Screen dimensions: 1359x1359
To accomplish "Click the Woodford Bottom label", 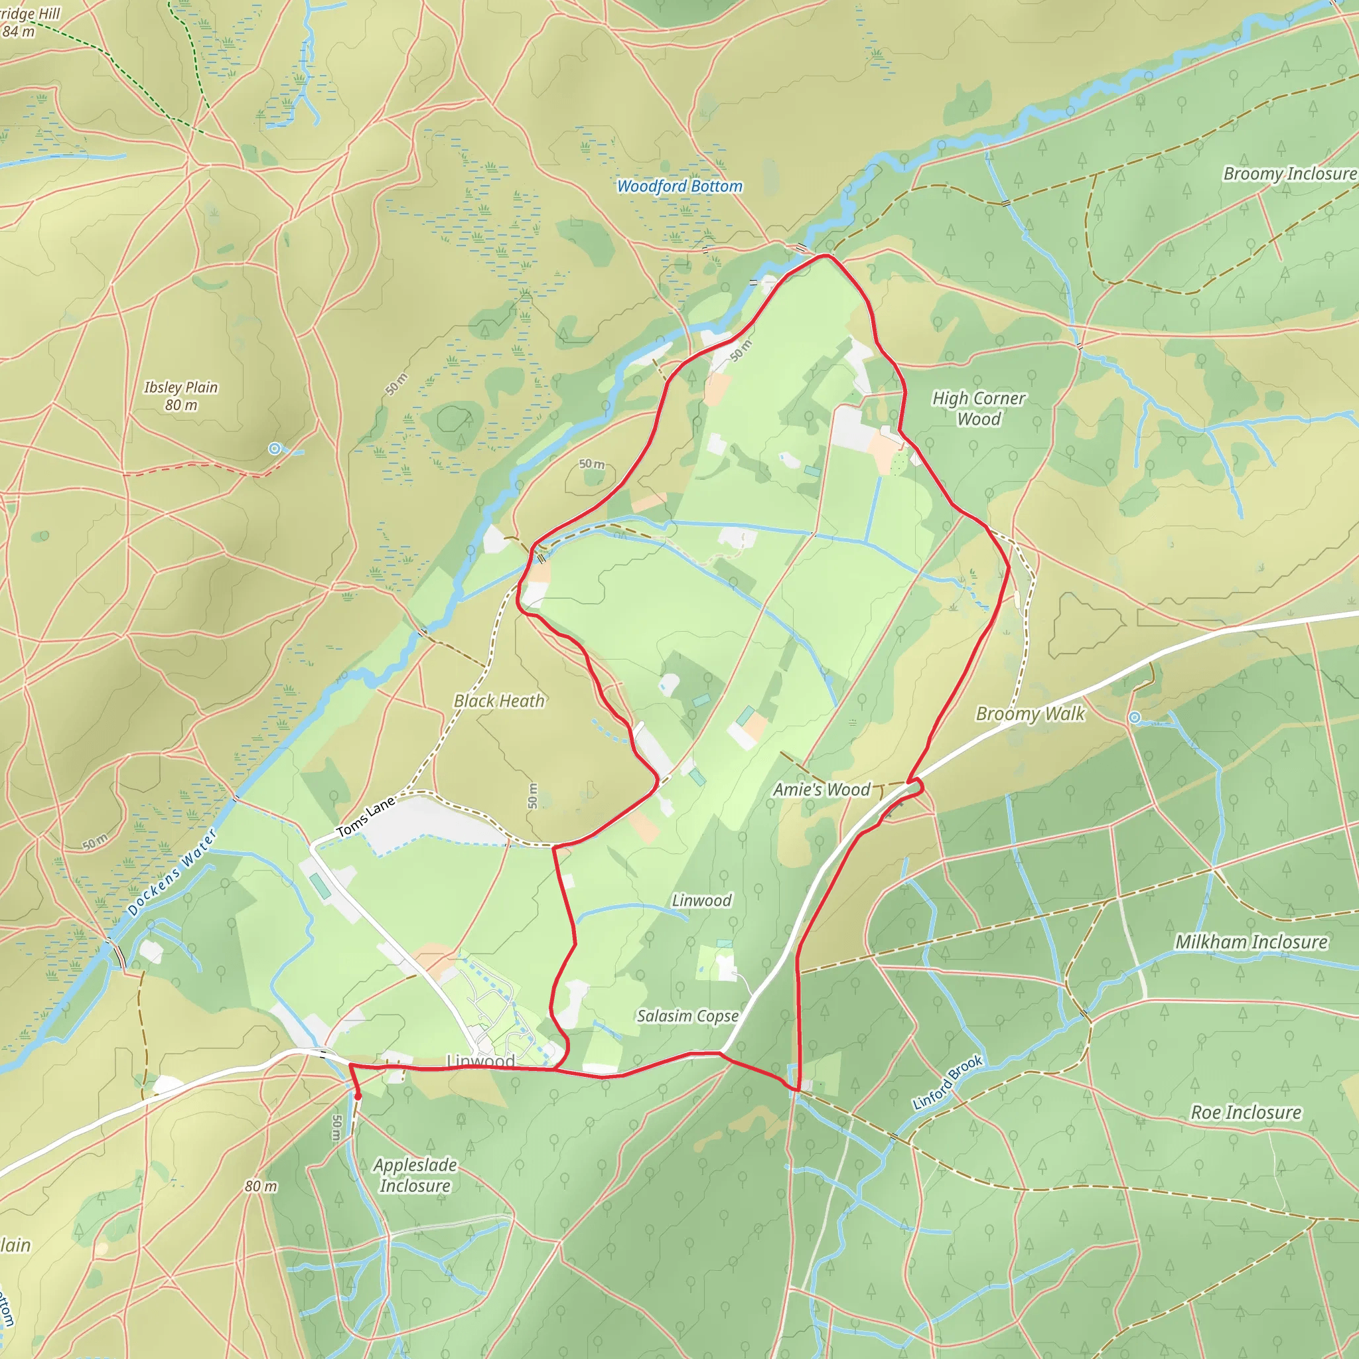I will pos(679,186).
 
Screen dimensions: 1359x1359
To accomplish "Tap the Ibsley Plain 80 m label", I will pos(180,396).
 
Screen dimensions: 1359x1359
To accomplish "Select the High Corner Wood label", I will pos(979,409).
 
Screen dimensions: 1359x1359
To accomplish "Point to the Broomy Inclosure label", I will pos(1289,174).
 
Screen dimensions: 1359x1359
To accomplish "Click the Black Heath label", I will pos(499,701).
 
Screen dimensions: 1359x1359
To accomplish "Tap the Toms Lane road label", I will pos(365,817).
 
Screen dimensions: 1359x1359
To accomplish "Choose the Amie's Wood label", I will pos(822,790).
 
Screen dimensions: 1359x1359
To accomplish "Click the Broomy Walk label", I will pos(1030,714).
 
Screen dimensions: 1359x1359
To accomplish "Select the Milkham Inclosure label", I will pos(1252,942).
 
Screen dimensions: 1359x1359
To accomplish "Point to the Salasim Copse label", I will pos(687,1016).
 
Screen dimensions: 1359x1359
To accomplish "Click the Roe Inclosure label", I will pos(1246,1112).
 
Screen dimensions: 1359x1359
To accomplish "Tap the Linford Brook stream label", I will pos(947,1082).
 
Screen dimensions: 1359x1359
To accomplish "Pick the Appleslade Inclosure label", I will pos(415,1175).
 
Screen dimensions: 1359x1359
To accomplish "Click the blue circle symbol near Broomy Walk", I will pos(1135,717).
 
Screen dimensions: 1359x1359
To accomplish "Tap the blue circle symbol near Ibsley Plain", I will pos(275,449).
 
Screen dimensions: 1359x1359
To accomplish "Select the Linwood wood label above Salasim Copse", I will pos(701,900).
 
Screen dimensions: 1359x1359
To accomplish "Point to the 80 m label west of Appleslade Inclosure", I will pos(261,1186).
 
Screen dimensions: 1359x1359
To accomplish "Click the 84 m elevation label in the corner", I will pos(19,32).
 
